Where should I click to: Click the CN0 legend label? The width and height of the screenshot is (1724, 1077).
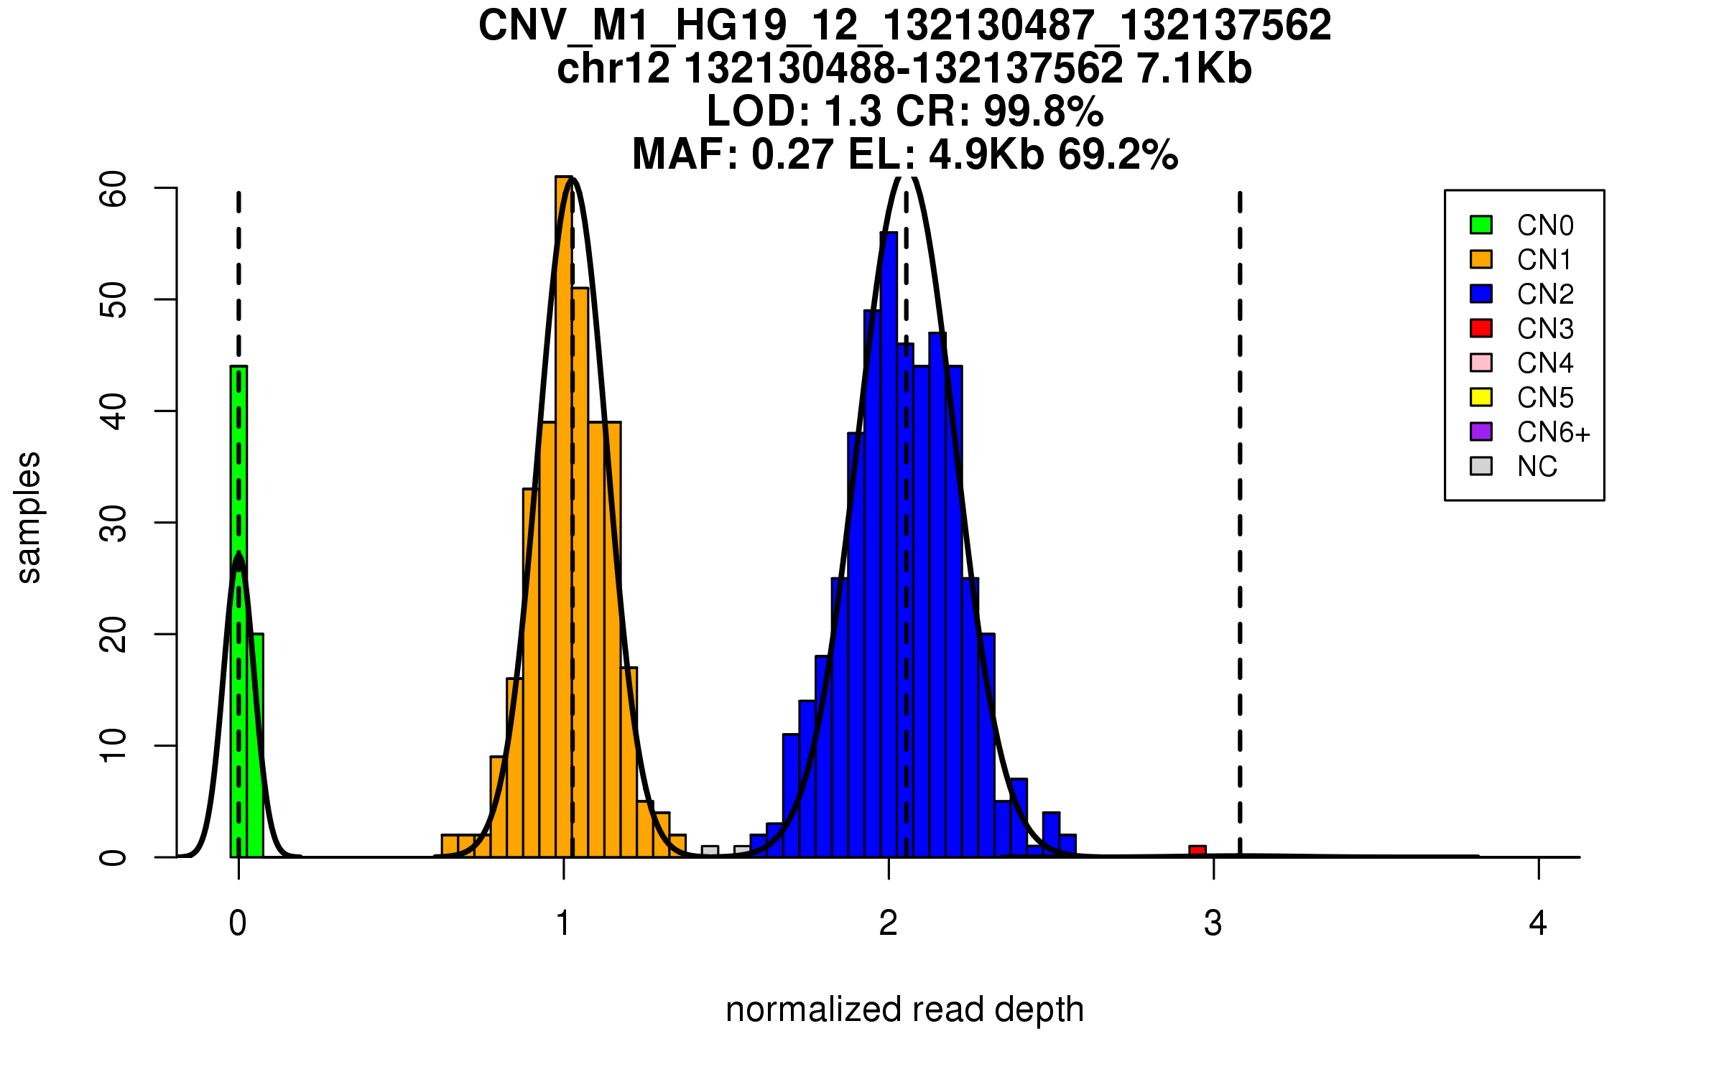point(1545,225)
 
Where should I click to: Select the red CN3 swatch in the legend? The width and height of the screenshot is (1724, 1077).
point(1481,328)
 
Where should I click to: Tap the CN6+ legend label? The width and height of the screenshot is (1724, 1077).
point(1554,432)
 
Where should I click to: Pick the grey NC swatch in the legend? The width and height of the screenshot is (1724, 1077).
point(1481,466)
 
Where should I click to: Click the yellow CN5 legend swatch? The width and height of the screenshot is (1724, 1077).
point(1481,397)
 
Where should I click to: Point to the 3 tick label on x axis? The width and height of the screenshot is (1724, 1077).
point(1213,923)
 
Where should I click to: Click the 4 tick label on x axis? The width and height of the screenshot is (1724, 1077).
point(1538,923)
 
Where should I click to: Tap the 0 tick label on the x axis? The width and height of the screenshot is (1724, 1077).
point(238,923)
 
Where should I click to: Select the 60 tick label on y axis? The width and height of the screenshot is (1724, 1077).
point(113,189)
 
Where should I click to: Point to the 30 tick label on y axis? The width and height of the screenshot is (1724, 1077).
point(113,523)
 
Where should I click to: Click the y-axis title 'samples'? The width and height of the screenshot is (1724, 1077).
point(29,518)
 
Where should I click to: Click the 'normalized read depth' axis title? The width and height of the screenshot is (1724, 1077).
point(904,1010)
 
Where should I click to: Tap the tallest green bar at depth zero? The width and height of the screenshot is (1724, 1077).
point(238,610)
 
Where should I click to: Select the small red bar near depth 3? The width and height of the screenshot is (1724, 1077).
point(1197,852)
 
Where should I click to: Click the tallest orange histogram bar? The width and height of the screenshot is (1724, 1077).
point(564,517)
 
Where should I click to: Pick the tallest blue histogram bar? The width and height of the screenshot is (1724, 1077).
point(889,546)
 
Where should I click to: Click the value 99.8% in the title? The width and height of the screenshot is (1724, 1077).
point(1043,111)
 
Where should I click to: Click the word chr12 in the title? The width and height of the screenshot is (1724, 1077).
point(613,69)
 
